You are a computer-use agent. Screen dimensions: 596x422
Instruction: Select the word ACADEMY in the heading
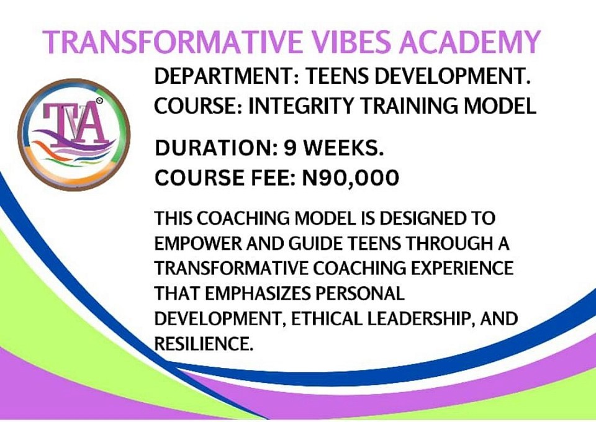(469, 42)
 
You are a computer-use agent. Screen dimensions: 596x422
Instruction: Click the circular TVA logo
(74, 135)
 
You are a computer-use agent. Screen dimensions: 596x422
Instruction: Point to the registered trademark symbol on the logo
(99, 101)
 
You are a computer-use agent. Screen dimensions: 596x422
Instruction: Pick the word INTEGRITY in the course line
(300, 105)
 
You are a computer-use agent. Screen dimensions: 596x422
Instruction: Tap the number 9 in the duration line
(291, 148)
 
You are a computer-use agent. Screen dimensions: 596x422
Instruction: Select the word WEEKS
(343, 148)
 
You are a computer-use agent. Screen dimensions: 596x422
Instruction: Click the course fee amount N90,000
(350, 178)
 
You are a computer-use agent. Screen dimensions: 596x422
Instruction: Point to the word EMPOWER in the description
(198, 243)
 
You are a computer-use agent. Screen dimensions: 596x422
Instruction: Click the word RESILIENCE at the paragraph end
(204, 344)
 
